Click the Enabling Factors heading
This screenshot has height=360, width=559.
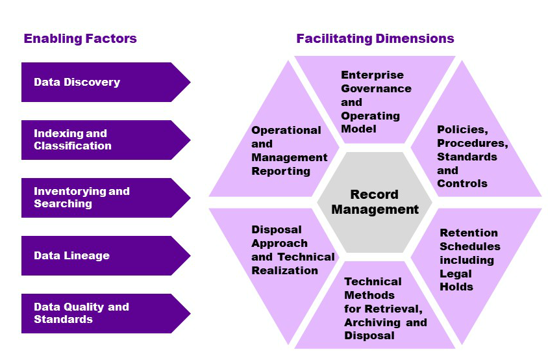click(80, 38)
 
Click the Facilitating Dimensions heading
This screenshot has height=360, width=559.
click(375, 38)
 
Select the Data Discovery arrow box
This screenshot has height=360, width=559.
click(97, 83)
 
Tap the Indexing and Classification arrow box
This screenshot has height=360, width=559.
click(97, 140)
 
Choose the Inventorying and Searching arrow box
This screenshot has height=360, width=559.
click(97, 198)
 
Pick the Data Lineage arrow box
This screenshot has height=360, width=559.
click(97, 255)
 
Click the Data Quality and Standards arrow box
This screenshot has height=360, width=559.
click(97, 313)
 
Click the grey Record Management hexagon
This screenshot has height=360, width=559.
click(375, 202)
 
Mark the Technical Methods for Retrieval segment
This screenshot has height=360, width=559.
click(383, 309)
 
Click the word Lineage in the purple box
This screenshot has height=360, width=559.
click(86, 255)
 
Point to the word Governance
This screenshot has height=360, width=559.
click(376, 88)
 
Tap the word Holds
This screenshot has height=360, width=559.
click(456, 287)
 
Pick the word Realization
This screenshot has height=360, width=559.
click(284, 270)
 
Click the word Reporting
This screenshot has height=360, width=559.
click(280, 171)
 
